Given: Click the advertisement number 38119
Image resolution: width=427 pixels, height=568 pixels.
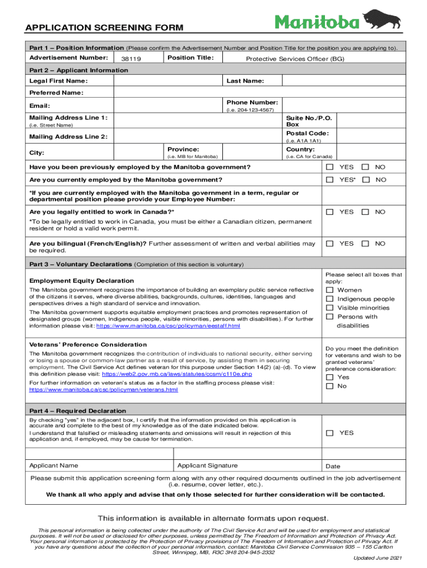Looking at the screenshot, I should coord(127,59).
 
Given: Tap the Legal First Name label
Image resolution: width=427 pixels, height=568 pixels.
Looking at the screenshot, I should coord(58,82).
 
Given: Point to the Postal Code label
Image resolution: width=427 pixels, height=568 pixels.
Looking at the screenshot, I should coord(307,134).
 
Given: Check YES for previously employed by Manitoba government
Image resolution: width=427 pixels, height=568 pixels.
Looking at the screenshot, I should coord(330,167).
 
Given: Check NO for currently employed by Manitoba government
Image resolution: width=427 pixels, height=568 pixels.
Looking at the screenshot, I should coord(365,180).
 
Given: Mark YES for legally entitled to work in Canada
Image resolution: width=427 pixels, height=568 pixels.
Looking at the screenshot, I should coord(330,212).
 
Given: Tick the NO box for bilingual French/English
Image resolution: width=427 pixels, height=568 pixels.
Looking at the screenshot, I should coord(365,244).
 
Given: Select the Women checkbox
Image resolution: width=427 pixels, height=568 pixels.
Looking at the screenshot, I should coord(330,290).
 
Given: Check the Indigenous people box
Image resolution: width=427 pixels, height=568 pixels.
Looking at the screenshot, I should coord(330,299).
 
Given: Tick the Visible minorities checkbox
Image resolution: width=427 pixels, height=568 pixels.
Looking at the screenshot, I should coord(330,308).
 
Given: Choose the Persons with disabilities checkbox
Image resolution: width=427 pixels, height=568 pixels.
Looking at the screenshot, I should coord(330,317).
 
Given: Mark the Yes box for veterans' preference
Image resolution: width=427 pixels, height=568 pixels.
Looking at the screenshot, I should coord(330,377).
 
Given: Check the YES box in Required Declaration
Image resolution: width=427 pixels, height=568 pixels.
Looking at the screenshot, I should coord(330,433).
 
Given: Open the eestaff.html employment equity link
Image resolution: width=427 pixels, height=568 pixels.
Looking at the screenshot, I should coord(169,326).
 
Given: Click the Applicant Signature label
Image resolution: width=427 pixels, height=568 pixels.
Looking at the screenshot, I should coord(207,465).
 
